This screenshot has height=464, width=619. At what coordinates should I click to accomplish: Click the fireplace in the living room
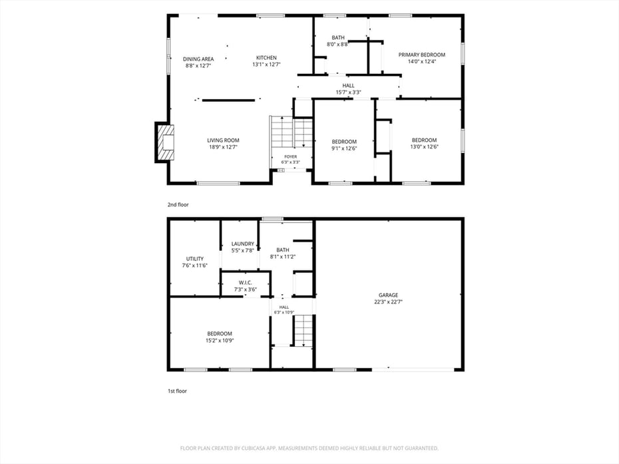point(164,142)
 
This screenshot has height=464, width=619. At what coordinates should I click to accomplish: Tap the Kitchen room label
point(266,58)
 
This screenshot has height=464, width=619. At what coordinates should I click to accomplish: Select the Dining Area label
point(198,59)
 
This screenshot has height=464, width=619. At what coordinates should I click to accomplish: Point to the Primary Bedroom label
point(421,55)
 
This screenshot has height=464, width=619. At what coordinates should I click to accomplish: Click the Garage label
point(389,295)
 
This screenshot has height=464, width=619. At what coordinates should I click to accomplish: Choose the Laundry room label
point(243,244)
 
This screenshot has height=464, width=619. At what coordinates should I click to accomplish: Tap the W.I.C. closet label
point(245,283)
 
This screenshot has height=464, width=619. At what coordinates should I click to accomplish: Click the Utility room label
point(195,259)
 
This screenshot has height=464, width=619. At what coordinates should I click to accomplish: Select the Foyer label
point(291,156)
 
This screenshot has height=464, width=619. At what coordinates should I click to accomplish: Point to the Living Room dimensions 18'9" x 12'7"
point(223,147)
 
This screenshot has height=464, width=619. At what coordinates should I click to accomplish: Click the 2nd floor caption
point(178,204)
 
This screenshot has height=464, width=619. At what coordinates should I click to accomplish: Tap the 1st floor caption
point(177,391)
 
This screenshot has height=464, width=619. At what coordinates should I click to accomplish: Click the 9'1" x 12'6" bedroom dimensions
point(344,148)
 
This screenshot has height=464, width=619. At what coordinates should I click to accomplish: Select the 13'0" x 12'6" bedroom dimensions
point(425,146)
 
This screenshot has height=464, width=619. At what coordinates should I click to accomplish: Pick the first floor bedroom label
point(220,334)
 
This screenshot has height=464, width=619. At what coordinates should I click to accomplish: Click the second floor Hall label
point(348,86)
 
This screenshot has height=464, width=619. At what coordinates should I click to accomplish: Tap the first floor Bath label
point(283,250)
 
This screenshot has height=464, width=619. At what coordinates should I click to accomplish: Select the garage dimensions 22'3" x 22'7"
point(389,302)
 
